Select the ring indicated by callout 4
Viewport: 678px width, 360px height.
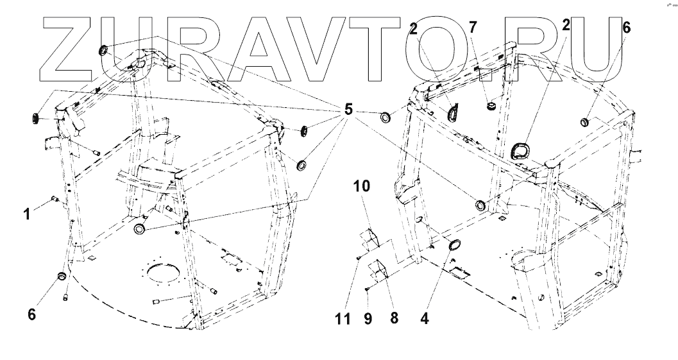453,244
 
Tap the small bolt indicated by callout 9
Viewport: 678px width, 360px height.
366,290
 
